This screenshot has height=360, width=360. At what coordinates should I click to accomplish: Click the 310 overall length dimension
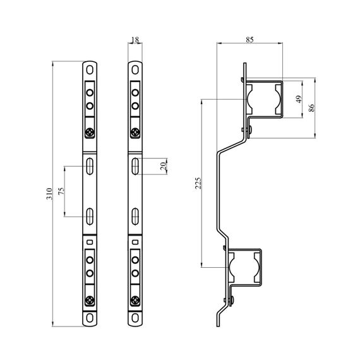click(x=49, y=194)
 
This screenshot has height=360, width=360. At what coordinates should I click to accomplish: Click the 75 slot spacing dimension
click(x=61, y=191)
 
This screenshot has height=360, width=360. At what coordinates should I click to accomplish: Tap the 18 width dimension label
click(x=135, y=40)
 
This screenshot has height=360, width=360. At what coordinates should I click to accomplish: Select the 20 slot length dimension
click(x=163, y=166)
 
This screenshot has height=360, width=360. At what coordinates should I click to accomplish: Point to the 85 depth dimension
click(x=249, y=40)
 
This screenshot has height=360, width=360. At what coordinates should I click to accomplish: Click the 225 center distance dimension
click(x=198, y=183)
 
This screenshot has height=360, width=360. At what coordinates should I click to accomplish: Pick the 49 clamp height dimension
click(x=299, y=99)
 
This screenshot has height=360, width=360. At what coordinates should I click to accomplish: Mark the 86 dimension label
click(x=311, y=107)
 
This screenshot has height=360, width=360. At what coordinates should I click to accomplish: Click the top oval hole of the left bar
click(x=90, y=69)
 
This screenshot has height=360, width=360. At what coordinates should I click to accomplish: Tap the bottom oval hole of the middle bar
click(x=135, y=318)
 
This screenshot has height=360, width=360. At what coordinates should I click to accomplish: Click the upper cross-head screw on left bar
click(x=90, y=133)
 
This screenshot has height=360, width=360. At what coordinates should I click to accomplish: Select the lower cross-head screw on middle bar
click(x=135, y=300)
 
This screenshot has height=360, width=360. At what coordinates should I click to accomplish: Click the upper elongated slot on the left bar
click(x=90, y=166)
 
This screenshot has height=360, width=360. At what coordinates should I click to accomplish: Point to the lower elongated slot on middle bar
click(x=135, y=216)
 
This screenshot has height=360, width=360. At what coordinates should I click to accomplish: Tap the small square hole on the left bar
click(x=90, y=242)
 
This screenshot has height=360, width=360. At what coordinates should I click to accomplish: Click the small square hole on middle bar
click(x=135, y=242)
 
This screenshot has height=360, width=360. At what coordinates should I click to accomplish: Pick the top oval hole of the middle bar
click(x=135, y=69)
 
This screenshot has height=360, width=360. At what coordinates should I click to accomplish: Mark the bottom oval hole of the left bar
click(x=90, y=318)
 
